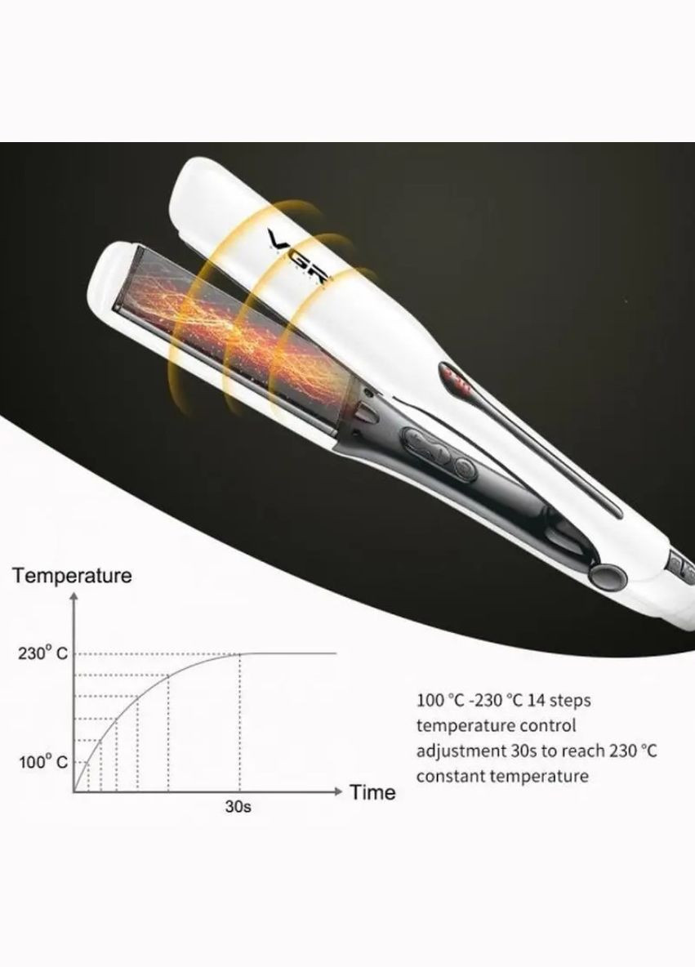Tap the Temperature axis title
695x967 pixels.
[x=72, y=576]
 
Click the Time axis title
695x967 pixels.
[x=372, y=792]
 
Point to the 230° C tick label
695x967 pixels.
[x=42, y=653]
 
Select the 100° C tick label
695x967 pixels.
[x=42, y=762]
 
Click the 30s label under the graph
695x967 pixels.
[x=238, y=807]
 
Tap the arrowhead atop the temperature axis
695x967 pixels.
[x=74, y=596]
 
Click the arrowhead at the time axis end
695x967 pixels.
[x=337, y=791]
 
